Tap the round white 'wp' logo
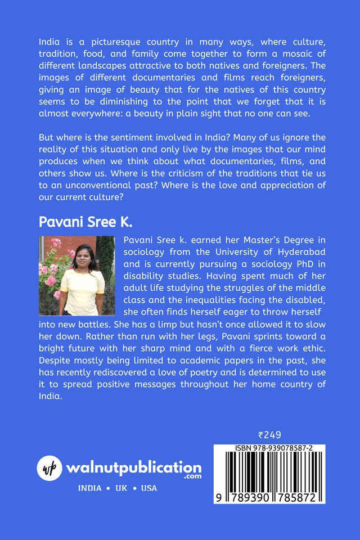50,467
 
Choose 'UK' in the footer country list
121,488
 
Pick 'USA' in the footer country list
149,488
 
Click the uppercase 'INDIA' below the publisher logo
90,488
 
